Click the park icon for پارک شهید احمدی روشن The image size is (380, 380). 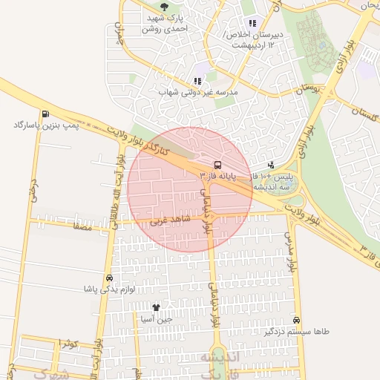[x=164, y=6]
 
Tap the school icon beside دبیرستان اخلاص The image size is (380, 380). [x=252, y=23]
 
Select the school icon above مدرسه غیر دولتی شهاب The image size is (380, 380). [x=197, y=81]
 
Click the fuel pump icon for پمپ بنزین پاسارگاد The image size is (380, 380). [x=46, y=114]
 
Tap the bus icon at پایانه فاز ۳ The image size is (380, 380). [x=217, y=165]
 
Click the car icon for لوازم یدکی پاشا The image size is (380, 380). [x=110, y=278]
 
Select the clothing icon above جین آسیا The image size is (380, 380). [x=156, y=307]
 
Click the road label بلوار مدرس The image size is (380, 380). [x=289, y=249]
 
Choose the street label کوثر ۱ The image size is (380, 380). [x=65, y=342]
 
